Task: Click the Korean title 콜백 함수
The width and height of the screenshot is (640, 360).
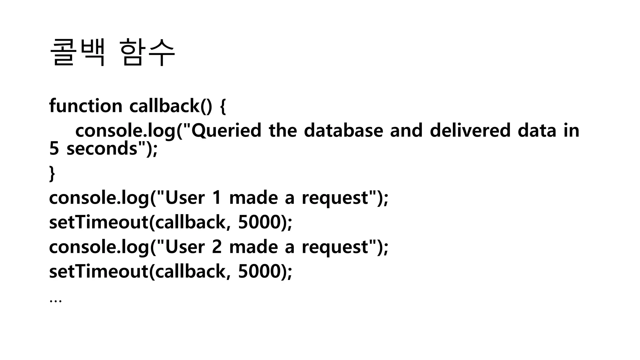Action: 112,52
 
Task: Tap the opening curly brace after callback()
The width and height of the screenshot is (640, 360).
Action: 223,106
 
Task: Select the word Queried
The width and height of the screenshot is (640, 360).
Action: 226,131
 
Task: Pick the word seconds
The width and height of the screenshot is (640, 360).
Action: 102,148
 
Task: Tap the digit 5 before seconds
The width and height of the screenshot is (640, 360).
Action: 54,148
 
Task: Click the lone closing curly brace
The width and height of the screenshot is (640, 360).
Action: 52,173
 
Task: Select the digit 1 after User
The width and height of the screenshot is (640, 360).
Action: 217,198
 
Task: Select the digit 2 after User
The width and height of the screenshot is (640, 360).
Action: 217,247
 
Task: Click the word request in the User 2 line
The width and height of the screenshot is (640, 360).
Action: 335,247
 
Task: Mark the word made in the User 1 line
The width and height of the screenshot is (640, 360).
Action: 253,198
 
